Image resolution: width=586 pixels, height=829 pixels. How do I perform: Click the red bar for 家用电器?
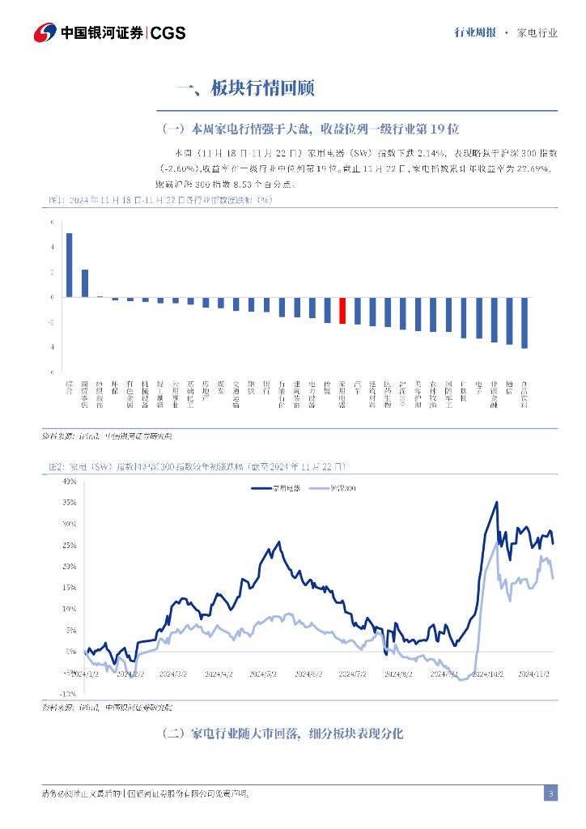point(342,311)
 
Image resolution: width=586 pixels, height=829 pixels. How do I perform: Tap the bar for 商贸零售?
point(84,283)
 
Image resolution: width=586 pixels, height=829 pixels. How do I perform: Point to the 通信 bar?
point(509,321)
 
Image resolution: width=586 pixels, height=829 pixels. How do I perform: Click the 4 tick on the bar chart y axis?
point(52,247)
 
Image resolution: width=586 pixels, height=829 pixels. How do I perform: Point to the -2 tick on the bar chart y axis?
point(51,322)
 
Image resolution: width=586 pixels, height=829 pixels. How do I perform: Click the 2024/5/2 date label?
point(263,674)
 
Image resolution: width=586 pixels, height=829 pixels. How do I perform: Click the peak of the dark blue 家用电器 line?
point(496,503)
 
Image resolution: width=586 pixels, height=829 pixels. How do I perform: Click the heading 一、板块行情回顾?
point(244,88)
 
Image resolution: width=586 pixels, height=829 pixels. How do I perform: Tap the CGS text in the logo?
point(168,32)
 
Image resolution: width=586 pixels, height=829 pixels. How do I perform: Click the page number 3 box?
point(550,793)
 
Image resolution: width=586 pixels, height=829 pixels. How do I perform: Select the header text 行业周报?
point(475,33)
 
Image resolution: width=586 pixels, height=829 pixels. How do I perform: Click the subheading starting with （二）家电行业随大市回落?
point(282,733)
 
